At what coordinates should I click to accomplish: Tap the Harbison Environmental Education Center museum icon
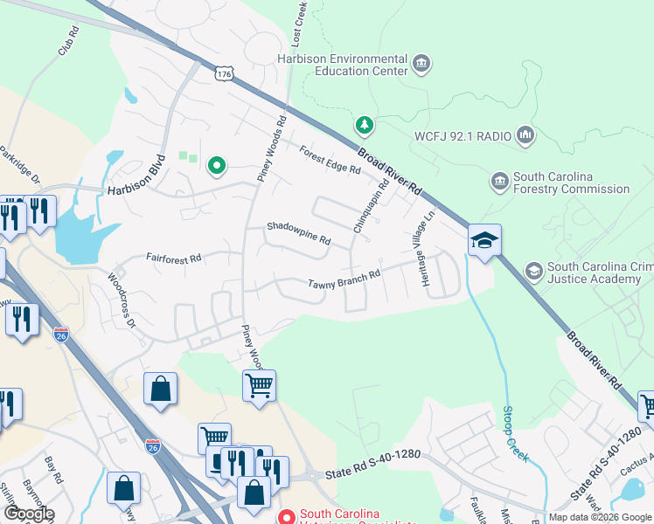click(421, 63)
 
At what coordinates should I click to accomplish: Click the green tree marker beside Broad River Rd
click(365, 126)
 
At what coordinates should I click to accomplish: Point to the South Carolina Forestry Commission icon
click(500, 182)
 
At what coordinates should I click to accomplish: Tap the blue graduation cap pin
click(483, 241)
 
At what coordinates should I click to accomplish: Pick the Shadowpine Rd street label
click(298, 234)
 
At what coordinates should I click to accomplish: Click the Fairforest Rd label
click(174, 259)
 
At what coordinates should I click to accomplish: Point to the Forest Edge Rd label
click(329, 158)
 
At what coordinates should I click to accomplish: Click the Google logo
click(28, 514)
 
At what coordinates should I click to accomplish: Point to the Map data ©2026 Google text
click(600, 517)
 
